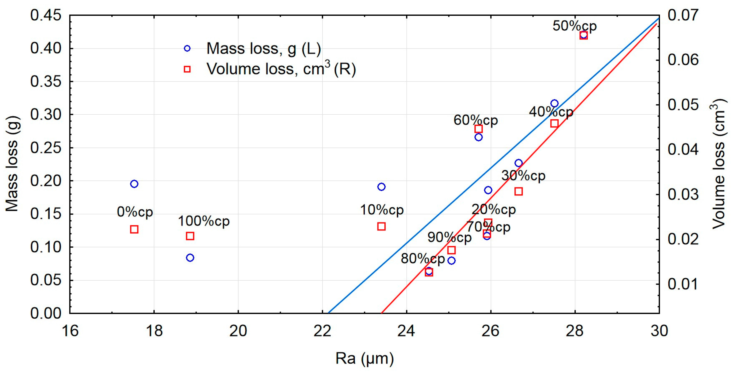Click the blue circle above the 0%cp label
pyautogui.click(x=134, y=184)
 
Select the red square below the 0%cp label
pyautogui.click(x=134, y=229)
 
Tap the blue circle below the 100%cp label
pyautogui.click(x=190, y=258)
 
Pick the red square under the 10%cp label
pyautogui.click(x=381, y=227)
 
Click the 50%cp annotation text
pyautogui.click(x=575, y=26)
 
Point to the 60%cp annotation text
pyautogui.click(x=476, y=120)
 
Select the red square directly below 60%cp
pyautogui.click(x=478, y=129)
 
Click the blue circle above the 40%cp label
pyautogui.click(x=555, y=103)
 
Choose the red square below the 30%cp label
pyautogui.click(x=518, y=191)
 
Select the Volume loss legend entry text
pyautogui.click(x=281, y=69)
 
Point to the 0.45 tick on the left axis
pyautogui.click(x=46, y=15)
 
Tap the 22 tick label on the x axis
pyautogui.click(x=322, y=331)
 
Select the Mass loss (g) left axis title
pyautogui.click(x=12, y=164)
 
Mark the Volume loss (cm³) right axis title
pyautogui.click(x=719, y=164)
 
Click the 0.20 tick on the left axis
pyautogui.click(x=46, y=181)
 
